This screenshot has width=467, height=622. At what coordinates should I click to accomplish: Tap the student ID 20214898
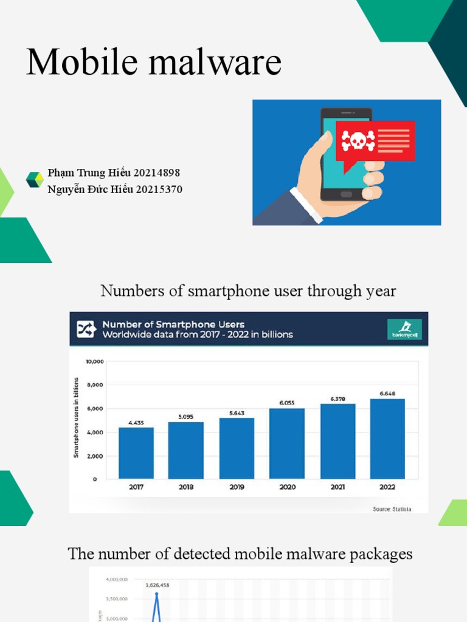pos(158,174)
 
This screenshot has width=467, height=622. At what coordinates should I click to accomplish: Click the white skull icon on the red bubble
pos(354,141)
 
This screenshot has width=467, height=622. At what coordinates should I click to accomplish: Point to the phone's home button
pos(346,194)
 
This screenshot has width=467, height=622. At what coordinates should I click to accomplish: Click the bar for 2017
pos(136,453)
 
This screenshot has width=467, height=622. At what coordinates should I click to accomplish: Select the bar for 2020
pos(287,443)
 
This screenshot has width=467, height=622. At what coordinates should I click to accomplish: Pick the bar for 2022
pos(387,439)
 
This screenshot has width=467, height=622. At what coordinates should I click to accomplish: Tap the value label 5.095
pos(186,417)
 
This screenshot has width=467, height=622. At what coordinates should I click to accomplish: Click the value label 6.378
pos(337,398)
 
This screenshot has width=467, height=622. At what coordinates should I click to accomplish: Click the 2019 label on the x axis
pos(237,487)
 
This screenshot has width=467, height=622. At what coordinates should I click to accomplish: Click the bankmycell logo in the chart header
pos(404,329)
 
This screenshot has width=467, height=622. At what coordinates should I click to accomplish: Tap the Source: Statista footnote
pos(392,509)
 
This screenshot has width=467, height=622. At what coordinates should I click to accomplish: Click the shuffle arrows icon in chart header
pos(84,329)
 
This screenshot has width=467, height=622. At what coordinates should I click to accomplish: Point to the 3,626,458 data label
pos(157,586)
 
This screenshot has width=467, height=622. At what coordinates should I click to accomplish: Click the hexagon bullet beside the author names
pos(35,180)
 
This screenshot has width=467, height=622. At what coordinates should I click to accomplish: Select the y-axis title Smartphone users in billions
pos(77,418)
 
